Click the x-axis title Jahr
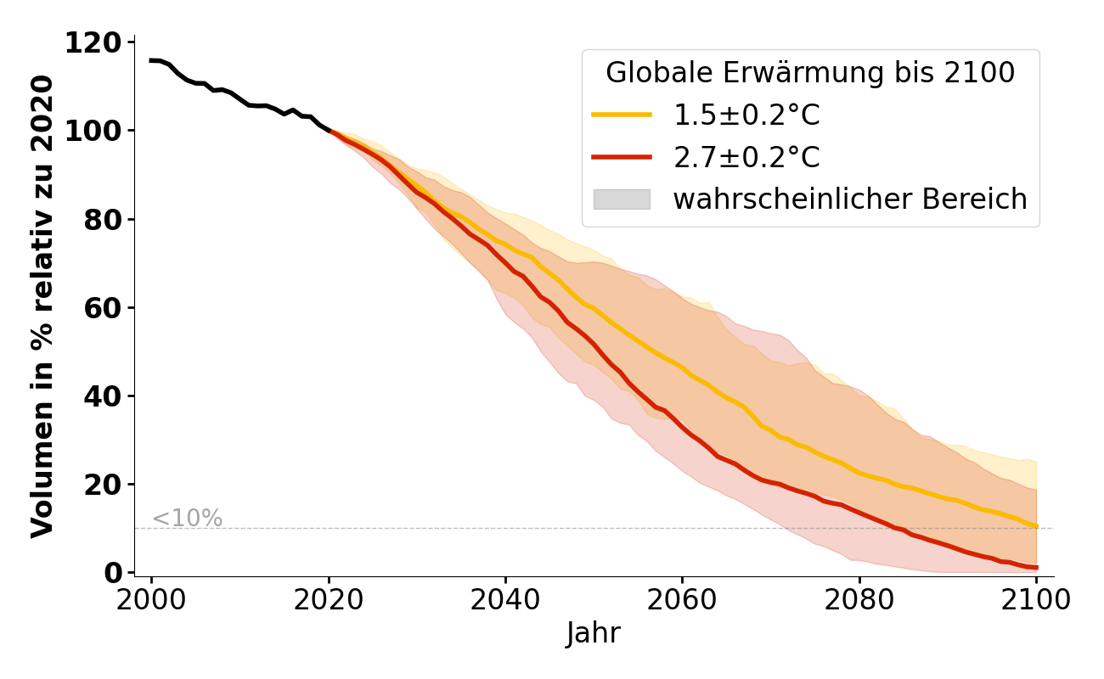[x=594, y=633]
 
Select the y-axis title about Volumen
[x=42, y=306]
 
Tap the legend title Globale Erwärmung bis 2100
[x=810, y=73]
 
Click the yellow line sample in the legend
[x=622, y=115]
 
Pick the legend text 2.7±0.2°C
[x=746, y=157]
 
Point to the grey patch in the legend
[x=622, y=199]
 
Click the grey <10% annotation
[x=187, y=518]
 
